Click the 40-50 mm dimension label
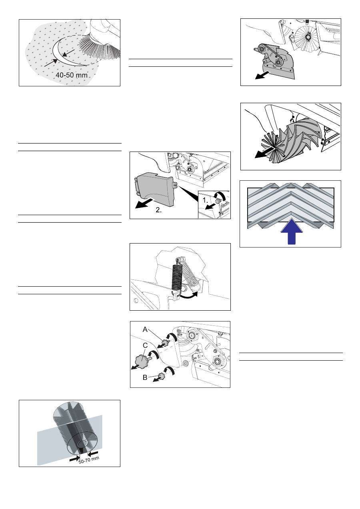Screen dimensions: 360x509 (71, 75)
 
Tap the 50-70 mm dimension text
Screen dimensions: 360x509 (89, 460)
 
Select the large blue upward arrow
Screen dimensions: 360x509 (292, 232)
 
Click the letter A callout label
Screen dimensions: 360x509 (145, 329)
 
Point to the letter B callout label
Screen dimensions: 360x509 (145, 377)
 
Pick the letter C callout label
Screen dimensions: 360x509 (145, 345)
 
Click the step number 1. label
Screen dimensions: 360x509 (205, 200)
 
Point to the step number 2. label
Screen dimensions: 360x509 (159, 210)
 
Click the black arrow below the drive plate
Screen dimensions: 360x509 (262, 76)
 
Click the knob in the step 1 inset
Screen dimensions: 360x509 (218, 201)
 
